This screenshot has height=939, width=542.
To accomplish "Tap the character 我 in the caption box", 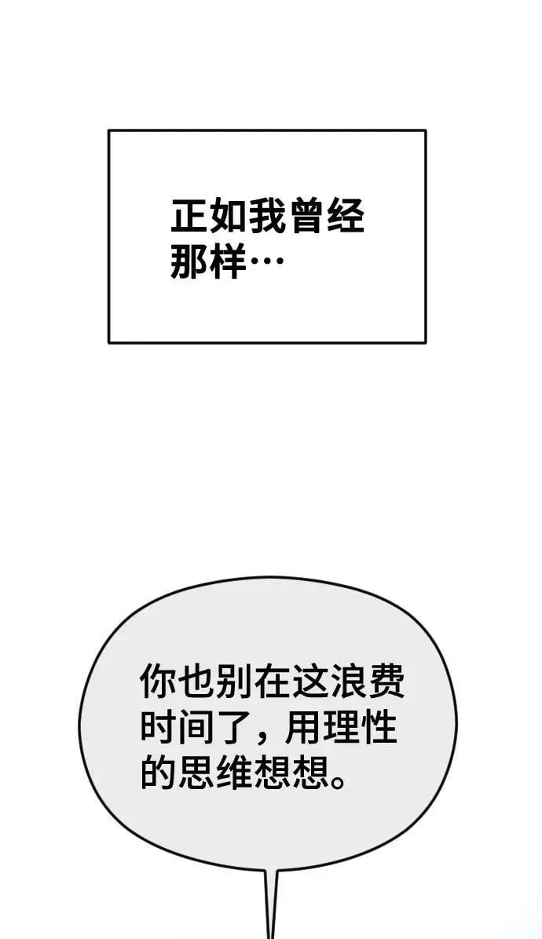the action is [x=267, y=216].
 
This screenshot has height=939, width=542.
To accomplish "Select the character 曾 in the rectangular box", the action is [x=306, y=216].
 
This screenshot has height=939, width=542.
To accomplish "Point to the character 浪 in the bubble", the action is [x=346, y=682].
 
